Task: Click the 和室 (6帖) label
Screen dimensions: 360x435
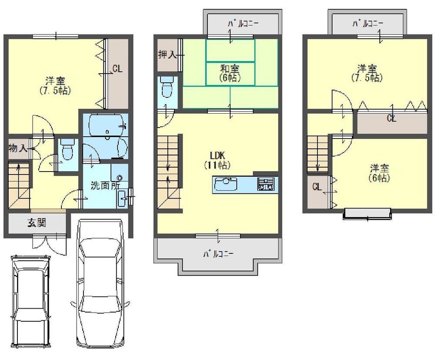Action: pos(230,73)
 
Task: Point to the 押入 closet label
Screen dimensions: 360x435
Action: pos(167,54)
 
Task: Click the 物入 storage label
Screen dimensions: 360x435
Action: pos(18,148)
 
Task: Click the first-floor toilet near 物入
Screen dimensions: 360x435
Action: pos(67,151)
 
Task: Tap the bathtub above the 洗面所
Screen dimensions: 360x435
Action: pos(107,126)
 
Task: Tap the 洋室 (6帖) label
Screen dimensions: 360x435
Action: pos(379,172)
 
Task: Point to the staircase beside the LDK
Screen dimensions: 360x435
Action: pos(169,172)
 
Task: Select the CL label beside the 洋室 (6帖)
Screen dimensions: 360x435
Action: pos(317,188)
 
